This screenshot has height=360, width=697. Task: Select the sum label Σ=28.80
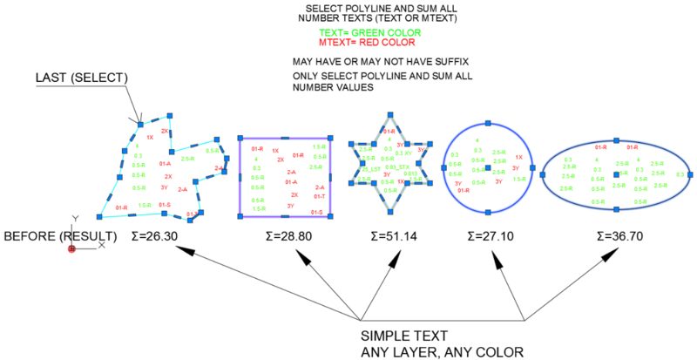[x=260, y=236]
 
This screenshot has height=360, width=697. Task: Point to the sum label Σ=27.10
[x=488, y=236]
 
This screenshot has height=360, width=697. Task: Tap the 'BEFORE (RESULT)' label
[x=60, y=236]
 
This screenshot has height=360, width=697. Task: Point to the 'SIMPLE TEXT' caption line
[x=404, y=336]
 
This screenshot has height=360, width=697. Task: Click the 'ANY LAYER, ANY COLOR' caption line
[x=442, y=351]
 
